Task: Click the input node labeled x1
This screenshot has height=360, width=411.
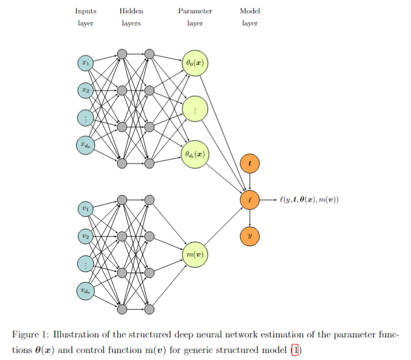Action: [x=85, y=63]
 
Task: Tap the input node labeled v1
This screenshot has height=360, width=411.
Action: [x=85, y=209]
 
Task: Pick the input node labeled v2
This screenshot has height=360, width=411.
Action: [x=85, y=236]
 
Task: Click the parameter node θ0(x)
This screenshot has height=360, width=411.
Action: [x=194, y=63]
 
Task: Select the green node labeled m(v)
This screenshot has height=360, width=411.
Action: [x=194, y=254]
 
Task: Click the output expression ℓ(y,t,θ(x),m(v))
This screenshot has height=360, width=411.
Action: [x=309, y=200]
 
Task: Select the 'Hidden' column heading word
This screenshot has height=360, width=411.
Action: [x=130, y=11]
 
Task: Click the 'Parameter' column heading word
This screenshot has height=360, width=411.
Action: [x=195, y=11]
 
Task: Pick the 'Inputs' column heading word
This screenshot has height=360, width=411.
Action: [x=86, y=11]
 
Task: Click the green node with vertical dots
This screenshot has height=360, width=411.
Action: [x=194, y=109]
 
